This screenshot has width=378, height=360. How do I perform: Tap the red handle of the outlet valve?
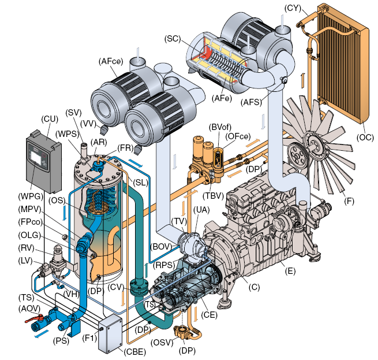pyautogui.click(x=33, y=318)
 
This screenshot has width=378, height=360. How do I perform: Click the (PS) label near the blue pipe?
pyautogui.click(x=61, y=340)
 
